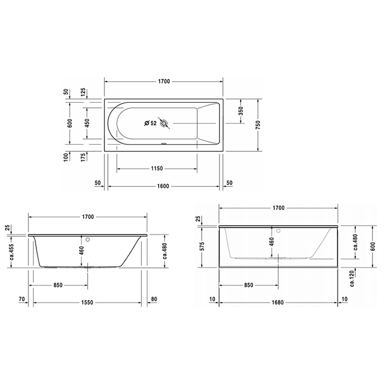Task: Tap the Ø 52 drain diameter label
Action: click(x=150, y=123)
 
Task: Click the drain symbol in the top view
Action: click(x=164, y=123)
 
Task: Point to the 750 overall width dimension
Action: click(x=258, y=126)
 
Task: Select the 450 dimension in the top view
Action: click(x=87, y=123)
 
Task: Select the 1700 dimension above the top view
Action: click(x=163, y=82)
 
